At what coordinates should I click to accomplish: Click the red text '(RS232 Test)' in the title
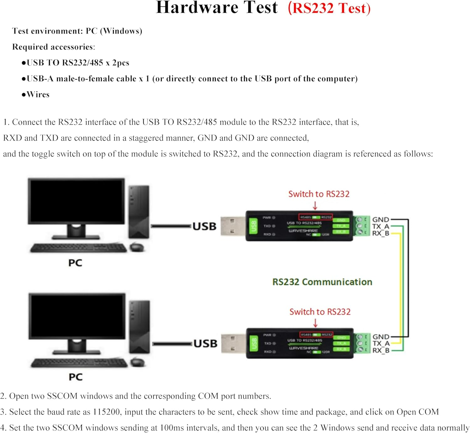(329, 8)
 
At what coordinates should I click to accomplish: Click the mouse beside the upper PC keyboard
(137, 247)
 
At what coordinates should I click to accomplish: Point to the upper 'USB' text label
(204, 226)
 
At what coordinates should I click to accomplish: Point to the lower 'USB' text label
(205, 343)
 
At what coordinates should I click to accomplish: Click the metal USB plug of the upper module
(232, 226)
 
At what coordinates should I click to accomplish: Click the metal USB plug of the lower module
(233, 343)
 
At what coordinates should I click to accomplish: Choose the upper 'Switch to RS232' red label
(319, 194)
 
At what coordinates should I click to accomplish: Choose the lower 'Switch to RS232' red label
(320, 312)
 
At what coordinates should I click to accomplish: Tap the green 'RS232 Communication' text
(322, 282)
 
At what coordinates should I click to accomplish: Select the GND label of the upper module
(380, 219)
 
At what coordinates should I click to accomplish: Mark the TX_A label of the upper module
(380, 226)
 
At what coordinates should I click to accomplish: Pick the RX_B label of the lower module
(381, 350)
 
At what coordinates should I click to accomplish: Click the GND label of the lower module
(381, 337)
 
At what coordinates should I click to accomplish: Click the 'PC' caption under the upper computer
(75, 263)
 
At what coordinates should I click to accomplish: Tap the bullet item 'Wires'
(38, 95)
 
